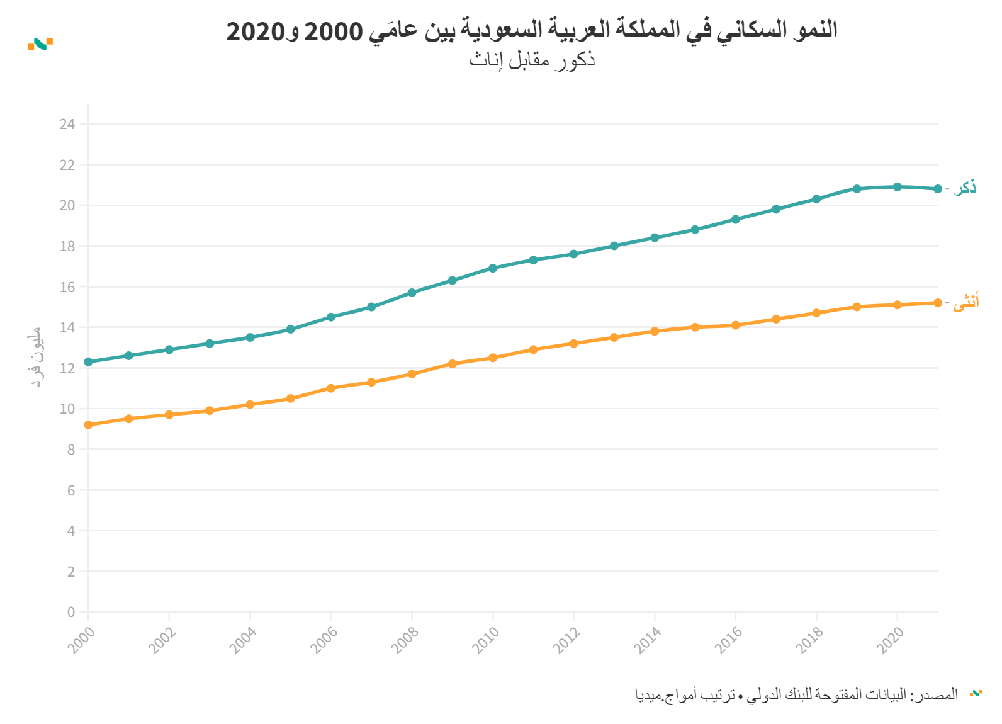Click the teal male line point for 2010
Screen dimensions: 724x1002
493,268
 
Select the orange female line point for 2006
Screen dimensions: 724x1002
331,388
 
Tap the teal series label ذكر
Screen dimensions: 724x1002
965,188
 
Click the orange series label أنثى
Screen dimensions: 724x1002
966,302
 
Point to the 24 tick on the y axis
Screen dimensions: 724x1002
67,124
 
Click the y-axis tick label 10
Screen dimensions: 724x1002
67,409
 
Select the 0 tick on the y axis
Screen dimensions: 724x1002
71,612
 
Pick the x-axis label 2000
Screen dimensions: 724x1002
82,641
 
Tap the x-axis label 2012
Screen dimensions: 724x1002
567,641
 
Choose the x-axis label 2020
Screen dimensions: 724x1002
891,641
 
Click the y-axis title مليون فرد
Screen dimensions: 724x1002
36,357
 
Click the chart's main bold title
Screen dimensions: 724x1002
532,30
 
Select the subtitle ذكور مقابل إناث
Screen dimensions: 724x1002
532,60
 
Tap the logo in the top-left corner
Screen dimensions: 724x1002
40,43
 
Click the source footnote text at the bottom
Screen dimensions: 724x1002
796,694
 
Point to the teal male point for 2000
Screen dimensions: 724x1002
88,362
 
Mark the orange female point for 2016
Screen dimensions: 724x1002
735,325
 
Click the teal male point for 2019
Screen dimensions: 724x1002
857,189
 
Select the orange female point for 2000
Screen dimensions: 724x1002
88,425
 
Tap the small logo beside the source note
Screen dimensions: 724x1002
976,693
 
